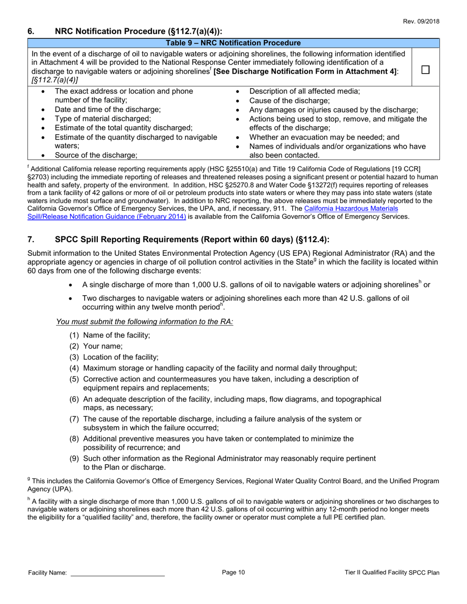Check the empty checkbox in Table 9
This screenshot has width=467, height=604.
click(426, 70)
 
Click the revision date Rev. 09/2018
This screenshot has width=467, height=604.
click(422, 22)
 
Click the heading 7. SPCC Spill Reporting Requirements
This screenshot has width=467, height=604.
click(178, 240)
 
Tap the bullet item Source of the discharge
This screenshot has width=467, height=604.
click(95, 155)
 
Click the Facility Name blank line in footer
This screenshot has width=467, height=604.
click(118, 573)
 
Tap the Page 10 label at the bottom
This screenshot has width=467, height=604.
click(233, 572)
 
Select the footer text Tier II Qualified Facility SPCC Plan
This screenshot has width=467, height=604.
click(392, 573)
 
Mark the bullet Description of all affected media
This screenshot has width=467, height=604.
click(305, 91)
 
